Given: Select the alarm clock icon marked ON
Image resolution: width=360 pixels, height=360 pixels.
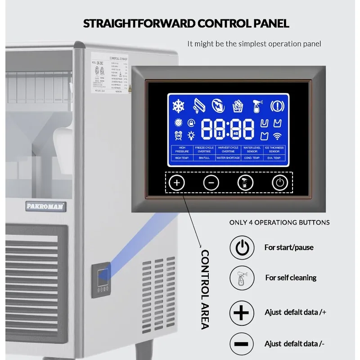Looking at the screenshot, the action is tap(178, 135).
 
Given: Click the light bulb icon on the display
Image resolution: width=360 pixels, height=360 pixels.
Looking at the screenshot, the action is tap(191, 135).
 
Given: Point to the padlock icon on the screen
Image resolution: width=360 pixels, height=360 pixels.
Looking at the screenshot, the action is tap(191, 122).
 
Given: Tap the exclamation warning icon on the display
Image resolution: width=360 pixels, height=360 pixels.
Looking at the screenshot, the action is tap(277, 106).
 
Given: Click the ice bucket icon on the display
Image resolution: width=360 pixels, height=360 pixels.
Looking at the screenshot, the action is tap(238, 106).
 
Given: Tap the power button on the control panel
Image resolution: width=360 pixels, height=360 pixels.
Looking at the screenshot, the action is tap(279, 183).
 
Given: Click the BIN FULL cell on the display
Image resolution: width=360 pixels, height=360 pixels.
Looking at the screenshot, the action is tap(204, 158).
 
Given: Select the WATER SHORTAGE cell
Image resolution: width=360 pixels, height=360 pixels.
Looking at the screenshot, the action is tap(228, 158).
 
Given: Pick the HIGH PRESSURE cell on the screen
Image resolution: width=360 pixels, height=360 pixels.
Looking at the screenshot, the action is tap(182, 149).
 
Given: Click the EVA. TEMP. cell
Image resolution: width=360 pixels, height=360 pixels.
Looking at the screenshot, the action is tap(274, 158).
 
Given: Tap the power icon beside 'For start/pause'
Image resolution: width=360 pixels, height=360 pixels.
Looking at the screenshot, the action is tap(242, 247).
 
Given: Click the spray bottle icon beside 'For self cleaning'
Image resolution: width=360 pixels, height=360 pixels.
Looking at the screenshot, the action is tap(242, 278).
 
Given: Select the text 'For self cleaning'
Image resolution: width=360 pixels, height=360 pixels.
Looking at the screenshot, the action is tap(290, 278).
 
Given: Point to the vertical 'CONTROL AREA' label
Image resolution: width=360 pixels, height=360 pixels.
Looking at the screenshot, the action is tap(205, 290).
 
